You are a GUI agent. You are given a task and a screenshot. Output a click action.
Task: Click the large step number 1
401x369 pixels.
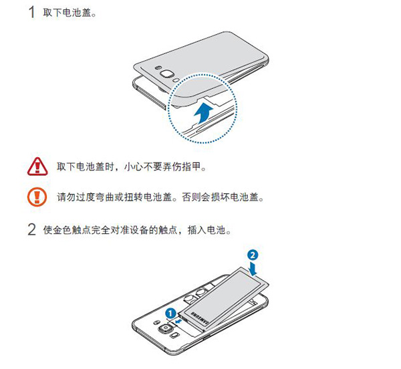31,12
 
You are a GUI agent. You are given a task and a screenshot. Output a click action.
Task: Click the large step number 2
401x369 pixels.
31,231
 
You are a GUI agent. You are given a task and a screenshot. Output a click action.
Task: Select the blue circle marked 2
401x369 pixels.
251,255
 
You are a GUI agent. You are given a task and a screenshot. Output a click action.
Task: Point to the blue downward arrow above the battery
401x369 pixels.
252,268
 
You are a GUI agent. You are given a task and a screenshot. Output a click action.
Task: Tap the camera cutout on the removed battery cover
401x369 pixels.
164,74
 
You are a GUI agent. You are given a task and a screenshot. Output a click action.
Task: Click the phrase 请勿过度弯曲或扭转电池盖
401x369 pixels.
116,197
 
